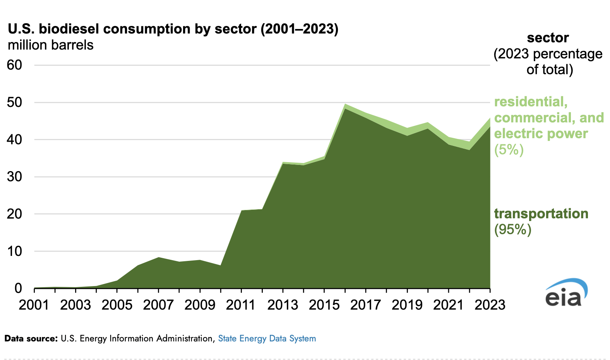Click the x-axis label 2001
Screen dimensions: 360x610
click(x=34, y=305)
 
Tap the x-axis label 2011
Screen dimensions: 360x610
click(x=241, y=305)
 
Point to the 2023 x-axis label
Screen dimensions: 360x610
click(x=490, y=305)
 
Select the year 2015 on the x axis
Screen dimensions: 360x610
click(x=324, y=305)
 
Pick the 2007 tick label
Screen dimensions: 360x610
click(x=158, y=305)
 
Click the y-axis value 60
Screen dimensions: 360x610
click(x=15, y=65)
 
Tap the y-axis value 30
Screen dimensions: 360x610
click(x=15, y=177)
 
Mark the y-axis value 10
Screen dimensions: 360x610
click(x=15, y=251)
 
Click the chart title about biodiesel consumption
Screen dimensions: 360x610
click(x=173, y=29)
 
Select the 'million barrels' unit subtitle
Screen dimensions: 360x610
click(x=51, y=45)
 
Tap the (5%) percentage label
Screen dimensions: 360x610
click(x=509, y=149)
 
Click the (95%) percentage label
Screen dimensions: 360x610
click(x=513, y=230)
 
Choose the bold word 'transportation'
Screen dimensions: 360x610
click(x=541, y=214)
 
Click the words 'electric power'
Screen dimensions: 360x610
click(x=541, y=134)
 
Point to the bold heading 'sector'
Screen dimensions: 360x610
click(x=548, y=38)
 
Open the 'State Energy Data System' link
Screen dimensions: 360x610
click(x=267, y=339)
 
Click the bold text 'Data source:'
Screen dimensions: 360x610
click(x=31, y=339)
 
